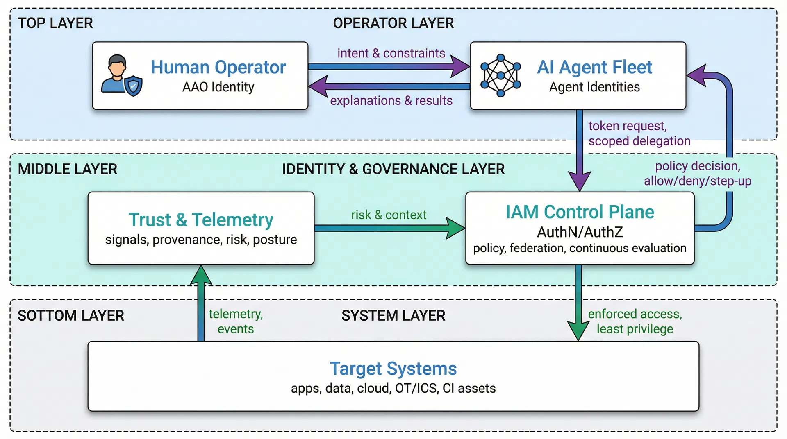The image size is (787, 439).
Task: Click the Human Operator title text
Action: (218, 67)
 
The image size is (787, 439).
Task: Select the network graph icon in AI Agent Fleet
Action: (500, 76)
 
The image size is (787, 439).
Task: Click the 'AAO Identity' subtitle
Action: (218, 87)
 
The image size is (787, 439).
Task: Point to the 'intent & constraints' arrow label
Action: (391, 53)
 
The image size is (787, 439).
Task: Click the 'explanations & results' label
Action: (391, 100)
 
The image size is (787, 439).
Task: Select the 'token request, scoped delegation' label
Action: (639, 133)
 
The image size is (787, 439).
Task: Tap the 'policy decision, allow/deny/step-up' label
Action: (698, 173)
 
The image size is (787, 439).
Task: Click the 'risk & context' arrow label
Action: (389, 215)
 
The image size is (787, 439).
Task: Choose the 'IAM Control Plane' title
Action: (580, 212)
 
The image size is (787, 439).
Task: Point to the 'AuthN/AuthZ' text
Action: (580, 232)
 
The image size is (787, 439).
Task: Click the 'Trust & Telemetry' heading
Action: (201, 220)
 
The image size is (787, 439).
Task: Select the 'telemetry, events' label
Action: (236, 321)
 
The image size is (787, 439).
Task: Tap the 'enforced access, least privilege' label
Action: (635, 321)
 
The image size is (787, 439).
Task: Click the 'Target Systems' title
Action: (393, 369)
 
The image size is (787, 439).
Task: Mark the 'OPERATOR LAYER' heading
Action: (393, 23)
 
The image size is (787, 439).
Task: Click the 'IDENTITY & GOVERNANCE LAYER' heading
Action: (393, 169)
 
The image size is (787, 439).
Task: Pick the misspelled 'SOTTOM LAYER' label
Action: (71, 316)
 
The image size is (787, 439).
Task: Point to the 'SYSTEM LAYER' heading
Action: (393, 316)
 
